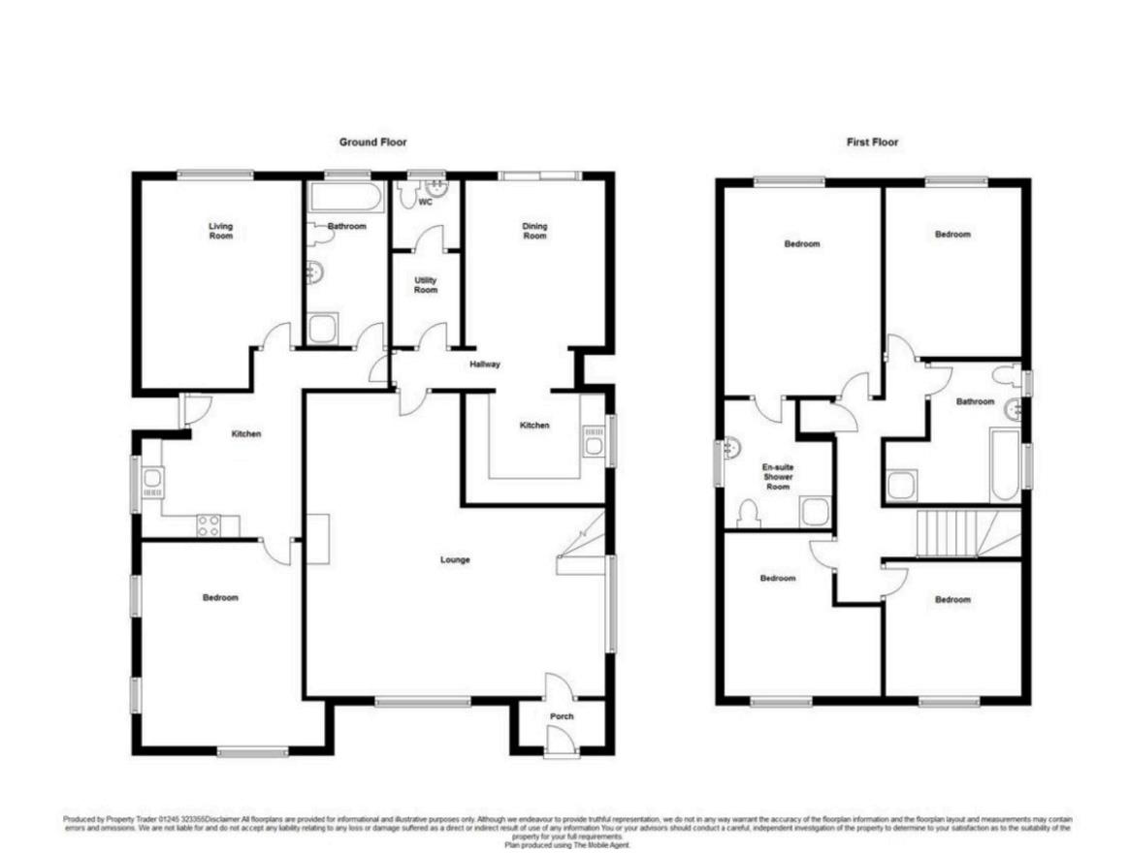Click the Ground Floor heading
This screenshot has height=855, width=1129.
372,142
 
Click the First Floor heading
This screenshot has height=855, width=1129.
872,142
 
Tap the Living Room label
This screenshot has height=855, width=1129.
221,231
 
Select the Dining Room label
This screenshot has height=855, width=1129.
534,231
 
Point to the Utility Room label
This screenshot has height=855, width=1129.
426,285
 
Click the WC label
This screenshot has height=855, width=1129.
425,203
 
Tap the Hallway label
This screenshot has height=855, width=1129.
484,364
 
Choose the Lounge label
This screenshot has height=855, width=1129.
455,559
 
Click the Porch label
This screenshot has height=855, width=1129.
562,716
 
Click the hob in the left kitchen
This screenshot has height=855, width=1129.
209,524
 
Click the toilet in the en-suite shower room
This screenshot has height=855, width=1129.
749,513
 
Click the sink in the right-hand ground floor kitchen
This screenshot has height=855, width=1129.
594,442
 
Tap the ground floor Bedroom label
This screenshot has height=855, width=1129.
220,598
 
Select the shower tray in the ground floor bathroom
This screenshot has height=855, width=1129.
323,330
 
